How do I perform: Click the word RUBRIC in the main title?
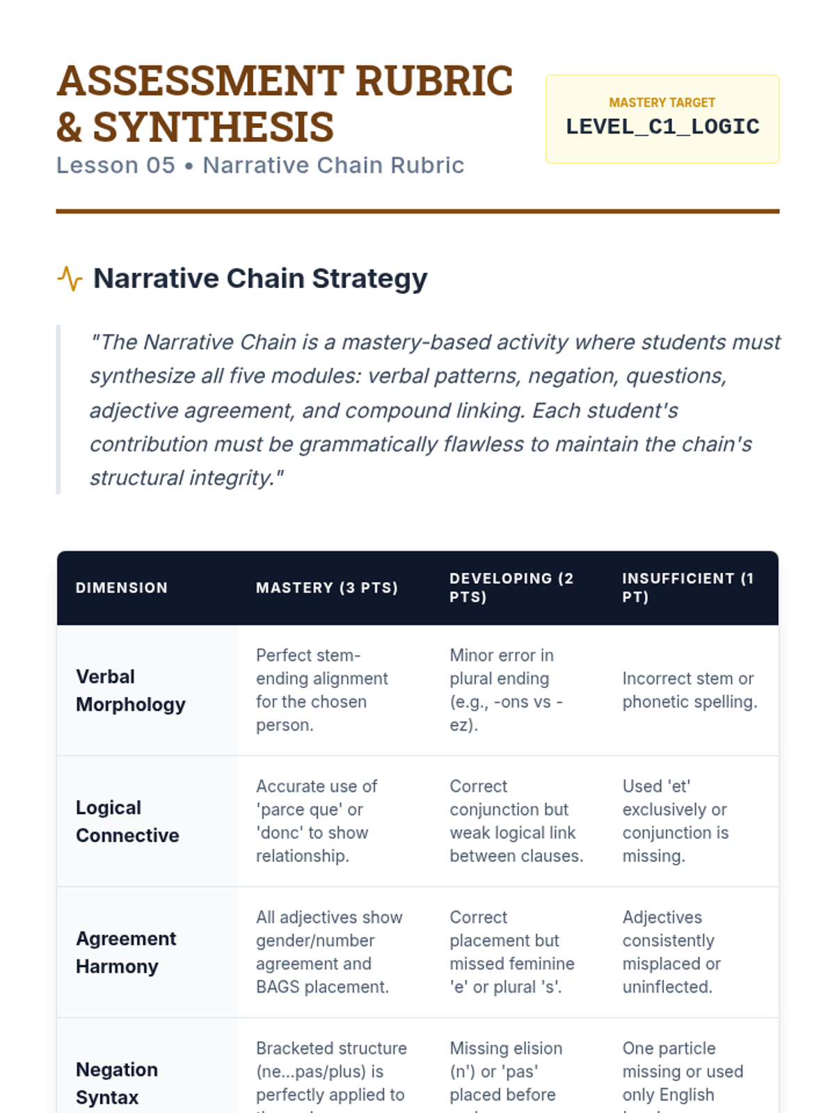click(434, 81)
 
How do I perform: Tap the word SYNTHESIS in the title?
click(213, 127)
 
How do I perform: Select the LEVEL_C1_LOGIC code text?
click(662, 127)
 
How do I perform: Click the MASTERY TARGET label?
click(662, 103)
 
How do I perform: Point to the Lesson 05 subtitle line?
click(260, 166)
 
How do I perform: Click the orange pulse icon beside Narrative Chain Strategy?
click(70, 278)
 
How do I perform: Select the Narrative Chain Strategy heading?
click(260, 278)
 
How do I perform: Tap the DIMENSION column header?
click(122, 588)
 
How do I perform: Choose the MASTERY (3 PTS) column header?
click(327, 588)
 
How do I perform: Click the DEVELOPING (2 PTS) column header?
click(511, 588)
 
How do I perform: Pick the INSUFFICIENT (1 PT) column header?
click(687, 588)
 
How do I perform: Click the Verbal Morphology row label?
click(130, 690)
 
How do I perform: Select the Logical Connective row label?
click(127, 821)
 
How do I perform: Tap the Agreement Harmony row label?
click(126, 952)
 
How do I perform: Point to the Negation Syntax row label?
click(117, 1083)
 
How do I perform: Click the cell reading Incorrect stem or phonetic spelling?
click(690, 690)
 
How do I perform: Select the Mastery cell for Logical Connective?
click(317, 821)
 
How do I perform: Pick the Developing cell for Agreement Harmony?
click(512, 952)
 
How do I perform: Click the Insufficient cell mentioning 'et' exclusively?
click(675, 821)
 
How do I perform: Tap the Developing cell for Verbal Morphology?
click(506, 690)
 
